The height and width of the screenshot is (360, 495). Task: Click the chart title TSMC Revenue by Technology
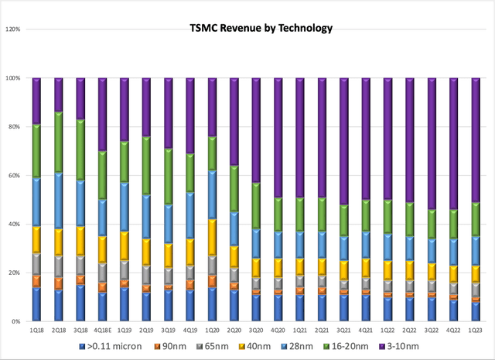(x=261, y=29)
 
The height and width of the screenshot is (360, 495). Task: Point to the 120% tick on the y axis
(x=14, y=29)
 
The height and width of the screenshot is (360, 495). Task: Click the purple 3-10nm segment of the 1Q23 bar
(x=476, y=139)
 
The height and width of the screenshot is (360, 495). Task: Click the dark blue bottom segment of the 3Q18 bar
(x=80, y=303)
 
